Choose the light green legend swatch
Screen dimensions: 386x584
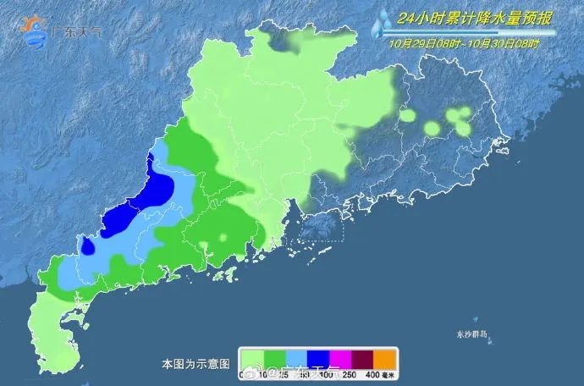252,358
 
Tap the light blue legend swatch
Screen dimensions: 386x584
300,358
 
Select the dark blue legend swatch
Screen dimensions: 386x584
323,358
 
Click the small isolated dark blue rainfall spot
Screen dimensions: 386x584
87,246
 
